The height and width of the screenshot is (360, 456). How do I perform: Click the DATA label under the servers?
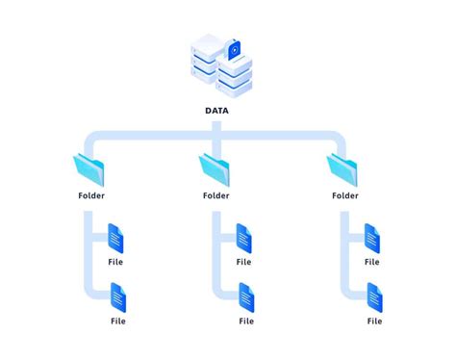tap(216, 111)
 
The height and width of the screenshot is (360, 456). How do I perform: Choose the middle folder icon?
tap(215, 170)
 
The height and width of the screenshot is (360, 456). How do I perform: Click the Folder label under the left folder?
tap(91, 196)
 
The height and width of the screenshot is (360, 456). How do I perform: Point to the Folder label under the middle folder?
tap(216, 196)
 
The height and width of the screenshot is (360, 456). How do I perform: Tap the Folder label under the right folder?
tap(345, 196)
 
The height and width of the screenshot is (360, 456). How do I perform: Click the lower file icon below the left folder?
tap(118, 296)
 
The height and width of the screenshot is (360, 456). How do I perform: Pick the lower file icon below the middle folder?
tap(246, 296)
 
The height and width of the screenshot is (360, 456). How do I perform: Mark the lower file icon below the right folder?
tap(374, 296)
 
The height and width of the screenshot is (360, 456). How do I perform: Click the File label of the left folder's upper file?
tap(115, 262)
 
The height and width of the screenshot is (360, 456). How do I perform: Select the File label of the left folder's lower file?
tap(118, 321)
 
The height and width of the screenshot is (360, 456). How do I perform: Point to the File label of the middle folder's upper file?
tap(243, 262)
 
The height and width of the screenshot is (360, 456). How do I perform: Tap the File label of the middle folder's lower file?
tap(246, 321)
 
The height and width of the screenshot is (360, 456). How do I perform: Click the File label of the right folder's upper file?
tap(371, 262)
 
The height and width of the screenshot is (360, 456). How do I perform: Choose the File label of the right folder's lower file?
tap(374, 321)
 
